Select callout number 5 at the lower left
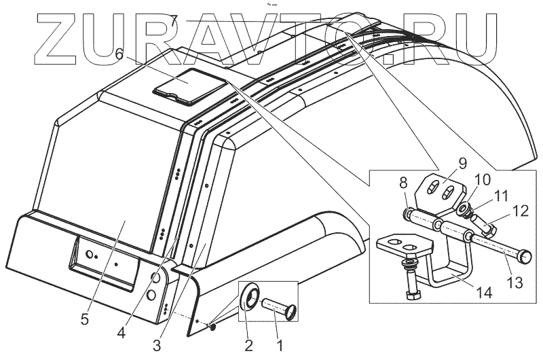click(x=84, y=320)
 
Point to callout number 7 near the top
click(x=174, y=21)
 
